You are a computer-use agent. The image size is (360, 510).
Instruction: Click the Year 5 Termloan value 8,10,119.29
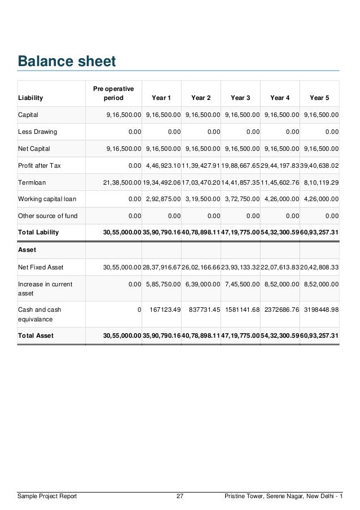pos(321,182)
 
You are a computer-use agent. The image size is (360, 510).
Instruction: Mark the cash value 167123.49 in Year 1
pos(163,310)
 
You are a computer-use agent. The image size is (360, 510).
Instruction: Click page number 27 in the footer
pos(180,496)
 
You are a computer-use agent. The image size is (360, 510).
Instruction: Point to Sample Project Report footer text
pos(47,496)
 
